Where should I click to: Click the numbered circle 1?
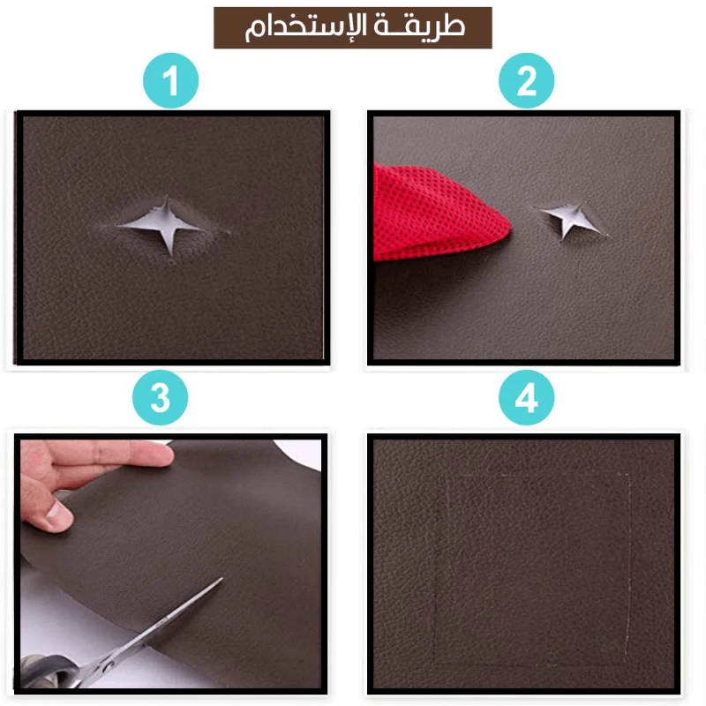tap(170, 80)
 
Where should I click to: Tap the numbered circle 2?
tap(526, 80)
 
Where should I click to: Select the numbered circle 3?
tap(160, 398)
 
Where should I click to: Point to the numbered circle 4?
tap(526, 398)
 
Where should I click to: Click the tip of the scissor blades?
tap(222, 578)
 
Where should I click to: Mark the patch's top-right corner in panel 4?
tap(629, 474)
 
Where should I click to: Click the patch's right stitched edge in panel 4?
tap(628, 569)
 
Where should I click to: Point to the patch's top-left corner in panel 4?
tap(439, 476)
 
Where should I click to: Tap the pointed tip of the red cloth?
tap(510, 228)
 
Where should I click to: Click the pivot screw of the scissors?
tap(107, 665)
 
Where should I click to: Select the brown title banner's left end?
tap(214, 27)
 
